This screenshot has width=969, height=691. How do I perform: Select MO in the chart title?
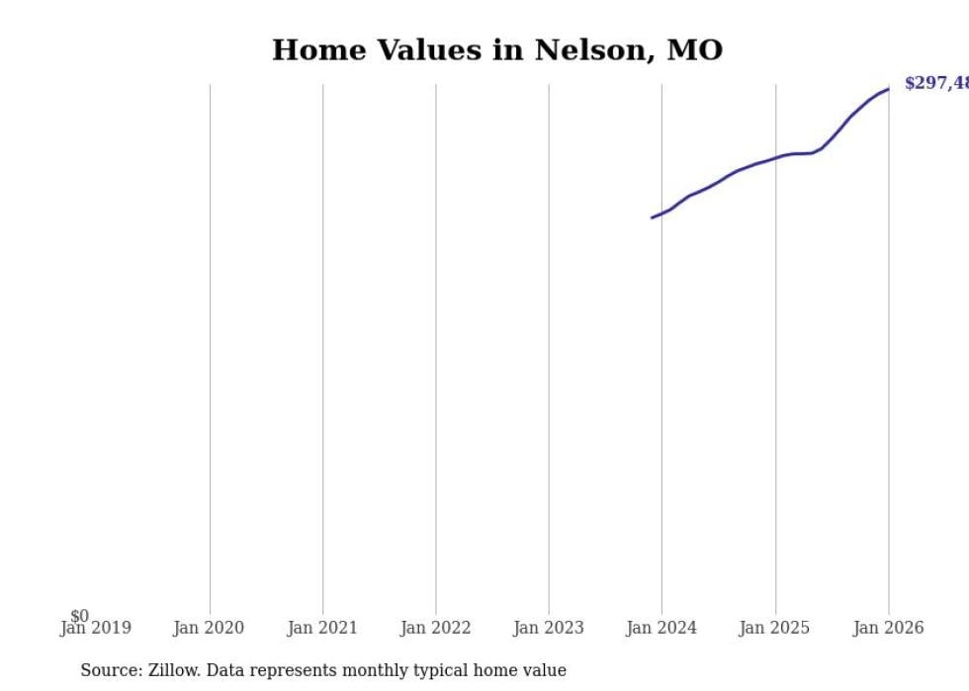(x=695, y=50)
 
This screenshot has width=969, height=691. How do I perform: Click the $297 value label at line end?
(x=935, y=84)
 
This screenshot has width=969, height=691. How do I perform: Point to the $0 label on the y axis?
(x=79, y=616)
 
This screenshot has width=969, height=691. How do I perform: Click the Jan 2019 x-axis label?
(x=95, y=628)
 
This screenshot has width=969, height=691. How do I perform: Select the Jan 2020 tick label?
(x=209, y=628)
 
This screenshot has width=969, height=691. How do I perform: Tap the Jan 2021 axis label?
(x=322, y=628)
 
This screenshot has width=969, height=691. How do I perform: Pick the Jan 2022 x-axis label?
(x=435, y=628)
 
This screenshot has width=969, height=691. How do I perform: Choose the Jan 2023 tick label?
(x=549, y=628)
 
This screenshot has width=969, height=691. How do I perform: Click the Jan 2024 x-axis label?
(x=661, y=628)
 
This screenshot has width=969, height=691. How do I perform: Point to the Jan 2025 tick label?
(x=775, y=628)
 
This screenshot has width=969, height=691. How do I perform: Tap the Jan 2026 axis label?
(x=888, y=628)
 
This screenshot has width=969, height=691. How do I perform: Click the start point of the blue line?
(x=653, y=217)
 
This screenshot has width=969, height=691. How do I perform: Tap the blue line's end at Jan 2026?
(x=888, y=89)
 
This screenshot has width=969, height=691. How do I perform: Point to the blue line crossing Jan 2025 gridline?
(x=775, y=157)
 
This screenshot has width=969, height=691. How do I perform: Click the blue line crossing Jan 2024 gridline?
(x=662, y=214)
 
